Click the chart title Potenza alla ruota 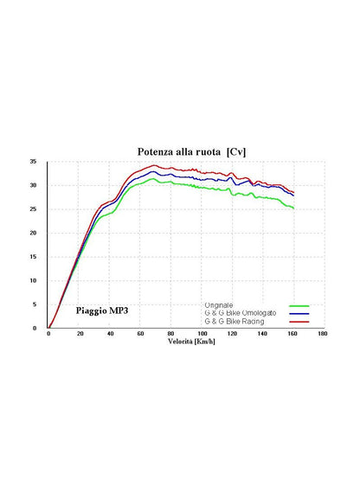(179, 152)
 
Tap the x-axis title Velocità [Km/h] (191, 342)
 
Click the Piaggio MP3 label (102, 311)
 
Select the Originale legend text (219, 305)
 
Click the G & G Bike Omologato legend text (241, 313)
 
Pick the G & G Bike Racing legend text (235, 322)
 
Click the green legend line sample (299, 305)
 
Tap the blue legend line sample (299, 314)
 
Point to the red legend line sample (299, 322)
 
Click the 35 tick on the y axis (34, 162)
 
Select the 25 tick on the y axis (34, 209)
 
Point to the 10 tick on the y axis (34, 280)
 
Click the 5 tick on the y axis (35, 304)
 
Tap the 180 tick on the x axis (323, 334)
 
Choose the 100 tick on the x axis (202, 334)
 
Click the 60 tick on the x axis (141, 334)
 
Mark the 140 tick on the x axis (262, 334)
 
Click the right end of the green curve (293, 208)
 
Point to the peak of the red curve (154, 165)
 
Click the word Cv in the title (236, 152)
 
